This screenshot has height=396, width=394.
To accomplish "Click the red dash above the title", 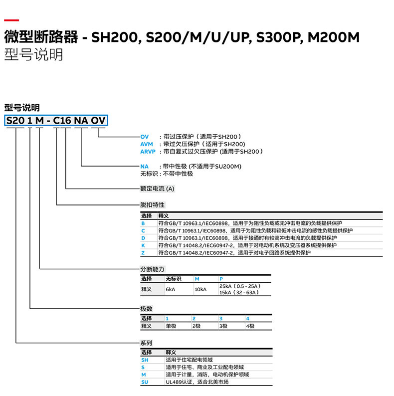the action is click(x=11, y=20).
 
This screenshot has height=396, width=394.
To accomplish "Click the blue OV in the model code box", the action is click(x=98, y=120).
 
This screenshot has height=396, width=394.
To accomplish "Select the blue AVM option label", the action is click(x=147, y=144).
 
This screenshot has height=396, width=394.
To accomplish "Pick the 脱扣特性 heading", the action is click(x=152, y=204).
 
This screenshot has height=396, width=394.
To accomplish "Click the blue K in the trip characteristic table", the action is click(x=143, y=245).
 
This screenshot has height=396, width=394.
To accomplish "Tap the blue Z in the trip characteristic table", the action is click(x=143, y=253).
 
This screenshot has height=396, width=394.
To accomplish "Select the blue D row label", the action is click(x=143, y=238).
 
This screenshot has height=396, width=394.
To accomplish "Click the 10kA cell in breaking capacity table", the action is click(x=200, y=289).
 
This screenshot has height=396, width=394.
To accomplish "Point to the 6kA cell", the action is click(x=171, y=289).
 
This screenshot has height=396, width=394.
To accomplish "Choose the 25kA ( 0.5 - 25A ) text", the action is click(x=239, y=286).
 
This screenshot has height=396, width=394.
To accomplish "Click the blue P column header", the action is click(x=221, y=279).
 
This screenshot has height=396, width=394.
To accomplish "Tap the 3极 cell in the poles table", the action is click(x=223, y=326).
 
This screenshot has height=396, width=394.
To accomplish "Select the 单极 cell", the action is click(x=171, y=326).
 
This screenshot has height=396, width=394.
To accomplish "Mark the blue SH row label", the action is click(x=145, y=360).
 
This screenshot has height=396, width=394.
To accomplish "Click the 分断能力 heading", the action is click(x=152, y=269).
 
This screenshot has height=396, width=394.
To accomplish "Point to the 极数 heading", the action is click(x=146, y=309).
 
